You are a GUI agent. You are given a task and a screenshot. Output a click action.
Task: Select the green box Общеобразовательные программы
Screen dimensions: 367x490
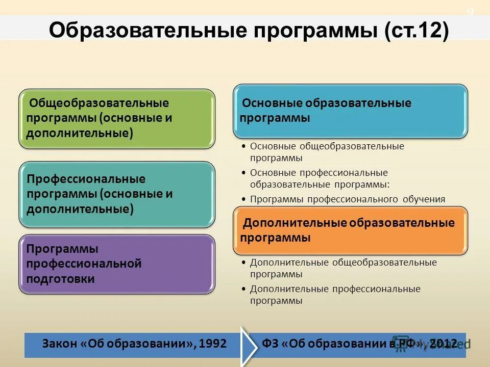[x=117, y=119]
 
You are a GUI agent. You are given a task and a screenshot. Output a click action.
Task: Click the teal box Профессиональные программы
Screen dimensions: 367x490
[x=117, y=194]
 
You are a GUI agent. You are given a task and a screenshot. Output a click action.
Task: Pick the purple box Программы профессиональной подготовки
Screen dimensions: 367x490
[x=117, y=264]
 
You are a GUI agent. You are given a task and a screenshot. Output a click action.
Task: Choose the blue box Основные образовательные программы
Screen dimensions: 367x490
[x=350, y=111]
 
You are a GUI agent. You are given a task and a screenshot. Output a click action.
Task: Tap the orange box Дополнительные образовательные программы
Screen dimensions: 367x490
[x=350, y=230]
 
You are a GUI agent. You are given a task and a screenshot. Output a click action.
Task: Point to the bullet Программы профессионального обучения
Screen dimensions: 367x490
[x=347, y=199]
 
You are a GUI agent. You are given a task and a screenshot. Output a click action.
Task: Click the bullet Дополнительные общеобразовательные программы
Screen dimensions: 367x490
[x=343, y=268]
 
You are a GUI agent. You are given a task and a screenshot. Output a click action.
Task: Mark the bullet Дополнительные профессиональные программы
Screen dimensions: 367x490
[x=335, y=295]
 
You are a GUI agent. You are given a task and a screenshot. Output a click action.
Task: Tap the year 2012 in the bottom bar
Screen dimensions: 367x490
[x=443, y=344]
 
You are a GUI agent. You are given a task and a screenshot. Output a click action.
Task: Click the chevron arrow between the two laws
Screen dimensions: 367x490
[x=249, y=345]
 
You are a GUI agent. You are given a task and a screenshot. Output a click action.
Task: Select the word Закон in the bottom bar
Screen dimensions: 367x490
[x=60, y=344]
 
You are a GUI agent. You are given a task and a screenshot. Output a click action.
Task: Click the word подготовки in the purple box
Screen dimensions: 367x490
[x=61, y=279]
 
